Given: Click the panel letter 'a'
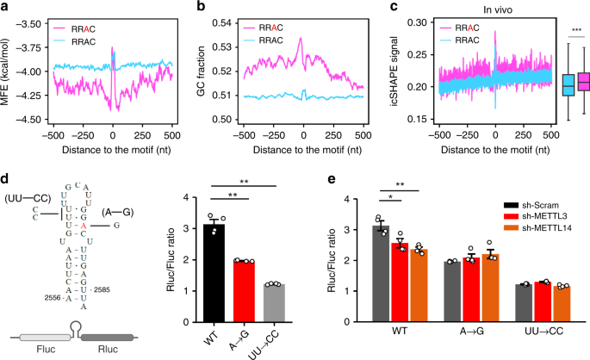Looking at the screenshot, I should tap(6, 8).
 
